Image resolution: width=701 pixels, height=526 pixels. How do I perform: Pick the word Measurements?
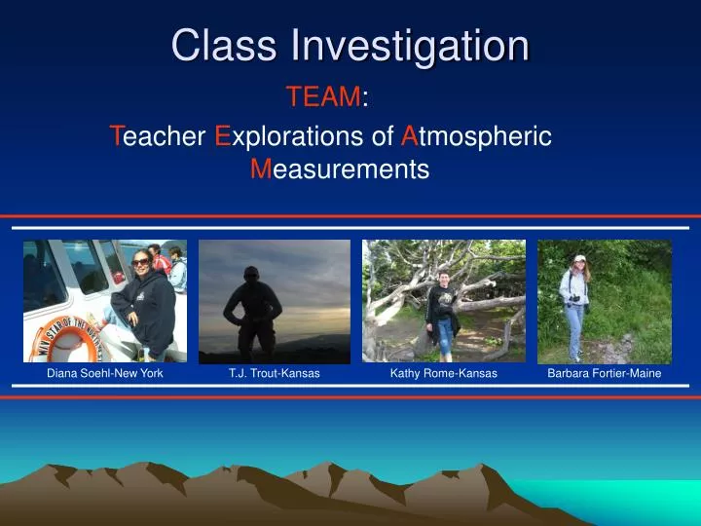click(x=340, y=170)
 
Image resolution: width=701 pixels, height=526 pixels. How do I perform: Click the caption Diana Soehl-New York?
click(x=105, y=374)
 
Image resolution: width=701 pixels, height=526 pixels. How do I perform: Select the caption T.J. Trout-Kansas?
click(x=275, y=374)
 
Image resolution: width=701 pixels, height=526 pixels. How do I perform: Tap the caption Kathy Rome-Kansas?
click(x=443, y=374)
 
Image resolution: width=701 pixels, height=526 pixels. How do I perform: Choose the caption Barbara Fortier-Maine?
click(x=604, y=374)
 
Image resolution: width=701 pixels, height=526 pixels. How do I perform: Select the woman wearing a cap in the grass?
click(x=578, y=302)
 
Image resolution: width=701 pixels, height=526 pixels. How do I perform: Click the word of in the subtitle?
click(x=383, y=136)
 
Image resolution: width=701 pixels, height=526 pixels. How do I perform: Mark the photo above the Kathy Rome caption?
click(x=443, y=301)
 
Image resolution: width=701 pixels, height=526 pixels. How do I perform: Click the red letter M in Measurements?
click(x=259, y=170)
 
